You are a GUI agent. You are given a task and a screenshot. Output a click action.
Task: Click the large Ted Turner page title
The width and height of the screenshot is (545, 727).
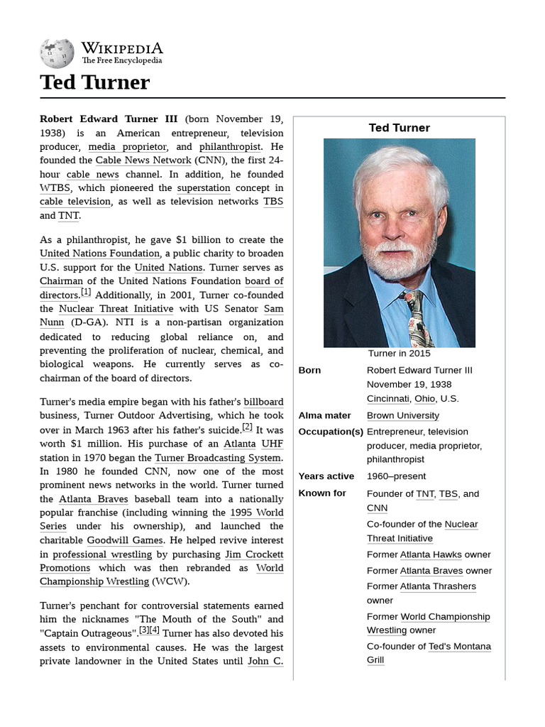pos(95,82)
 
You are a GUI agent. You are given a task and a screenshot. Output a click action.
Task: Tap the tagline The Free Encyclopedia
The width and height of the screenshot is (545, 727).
pos(121,61)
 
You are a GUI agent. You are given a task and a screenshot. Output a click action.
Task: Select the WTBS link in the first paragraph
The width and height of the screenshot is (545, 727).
pos(55,188)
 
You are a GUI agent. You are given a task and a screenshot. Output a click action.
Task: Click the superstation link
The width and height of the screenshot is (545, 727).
pos(204,188)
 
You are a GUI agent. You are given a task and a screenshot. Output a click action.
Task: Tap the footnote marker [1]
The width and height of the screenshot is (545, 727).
pos(86,292)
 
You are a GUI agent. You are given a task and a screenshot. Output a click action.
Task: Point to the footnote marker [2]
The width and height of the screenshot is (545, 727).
pos(247,427)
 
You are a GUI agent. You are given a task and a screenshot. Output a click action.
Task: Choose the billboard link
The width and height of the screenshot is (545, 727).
pos(263,402)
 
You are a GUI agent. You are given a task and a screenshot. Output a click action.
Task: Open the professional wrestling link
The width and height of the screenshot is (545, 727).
pos(102,554)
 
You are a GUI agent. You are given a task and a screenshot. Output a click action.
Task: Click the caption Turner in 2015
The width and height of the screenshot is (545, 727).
pos(399,353)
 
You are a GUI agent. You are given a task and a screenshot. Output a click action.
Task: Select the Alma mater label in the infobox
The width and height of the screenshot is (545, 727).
pos(324,415)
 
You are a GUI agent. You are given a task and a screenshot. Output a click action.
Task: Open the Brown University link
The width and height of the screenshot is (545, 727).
pos(402,415)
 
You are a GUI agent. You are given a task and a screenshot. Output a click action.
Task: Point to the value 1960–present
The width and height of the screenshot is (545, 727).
pos(397,476)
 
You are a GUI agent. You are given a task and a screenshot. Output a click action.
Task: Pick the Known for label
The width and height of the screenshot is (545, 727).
pos(321,493)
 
